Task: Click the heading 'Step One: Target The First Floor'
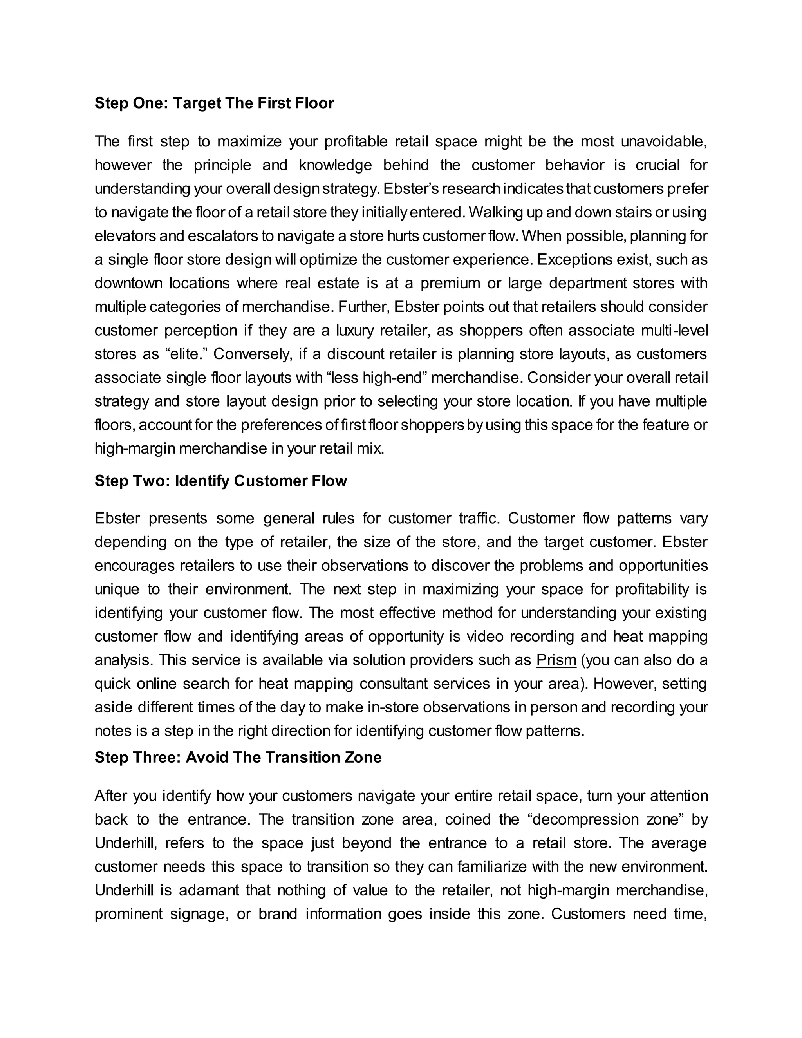(214, 103)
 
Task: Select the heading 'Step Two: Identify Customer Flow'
(220, 481)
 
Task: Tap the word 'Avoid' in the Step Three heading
(207, 757)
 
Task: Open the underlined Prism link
(556, 660)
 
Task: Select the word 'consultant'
(394, 684)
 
